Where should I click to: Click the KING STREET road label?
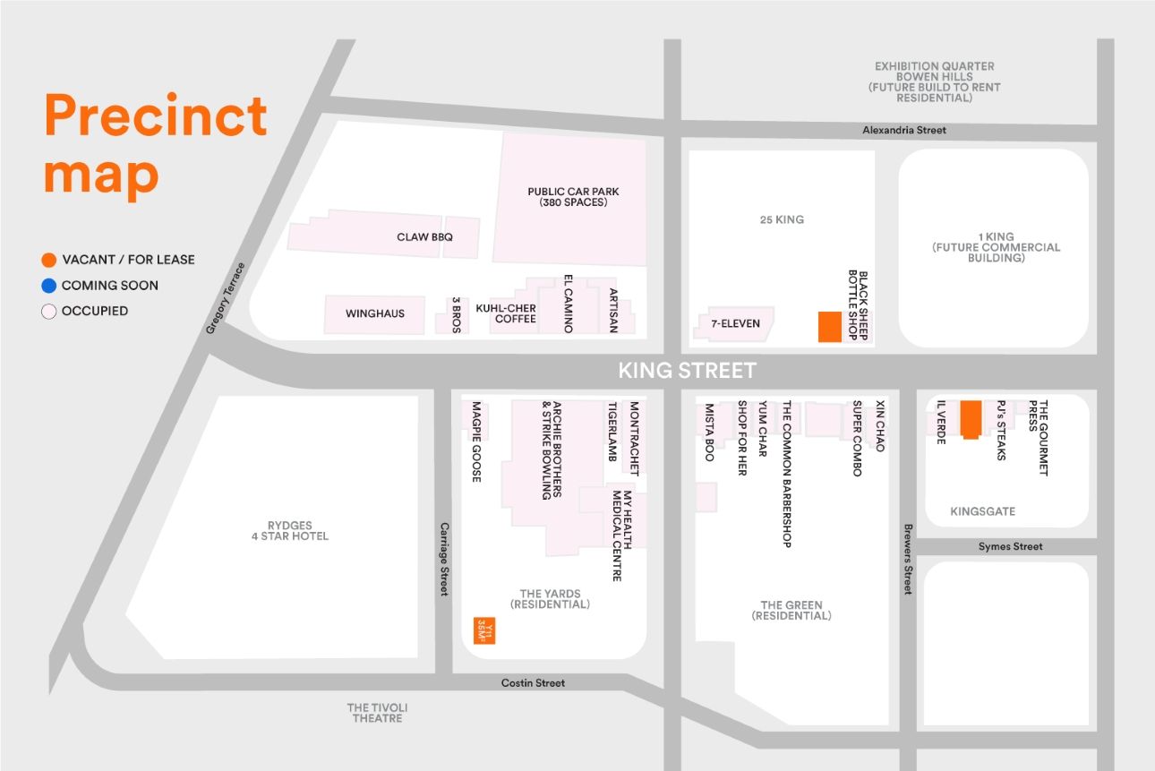click(x=687, y=371)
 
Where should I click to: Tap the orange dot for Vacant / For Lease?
click(x=49, y=261)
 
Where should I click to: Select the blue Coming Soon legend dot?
click(x=49, y=286)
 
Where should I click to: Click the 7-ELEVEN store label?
click(x=735, y=323)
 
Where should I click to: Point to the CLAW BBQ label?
click(x=424, y=237)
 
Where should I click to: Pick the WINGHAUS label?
click(x=375, y=313)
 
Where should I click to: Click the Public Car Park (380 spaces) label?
click(x=573, y=197)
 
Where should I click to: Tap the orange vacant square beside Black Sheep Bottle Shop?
click(x=830, y=327)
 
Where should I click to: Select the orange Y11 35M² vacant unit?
click(x=484, y=630)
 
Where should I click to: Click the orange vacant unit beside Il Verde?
click(x=970, y=419)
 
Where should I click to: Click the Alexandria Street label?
click(x=904, y=131)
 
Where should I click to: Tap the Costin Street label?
click(x=533, y=683)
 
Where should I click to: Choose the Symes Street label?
click(x=1010, y=546)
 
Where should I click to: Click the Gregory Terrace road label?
click(x=226, y=298)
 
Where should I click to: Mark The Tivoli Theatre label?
click(x=376, y=713)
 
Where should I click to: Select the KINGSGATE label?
click(x=982, y=511)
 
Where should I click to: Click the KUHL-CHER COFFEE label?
click(x=506, y=313)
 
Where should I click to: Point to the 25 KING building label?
click(x=781, y=219)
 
